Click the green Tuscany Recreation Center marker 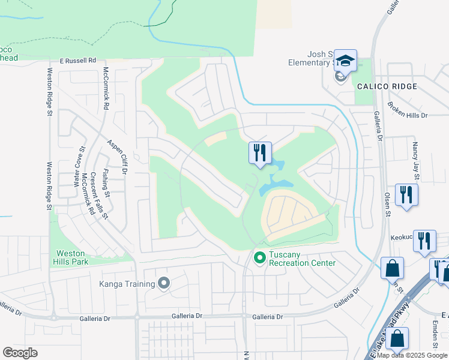click(260, 258)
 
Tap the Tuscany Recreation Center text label click(302, 259)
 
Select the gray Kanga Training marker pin click(164, 283)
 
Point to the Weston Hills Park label click(71, 257)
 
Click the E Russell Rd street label click(78, 61)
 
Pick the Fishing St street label click(106, 183)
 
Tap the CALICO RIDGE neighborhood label click(387, 86)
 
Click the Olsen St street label click(387, 205)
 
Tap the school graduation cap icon click(345, 60)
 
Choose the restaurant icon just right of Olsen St click(406, 194)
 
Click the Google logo click(20, 352)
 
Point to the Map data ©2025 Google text click(412, 355)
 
